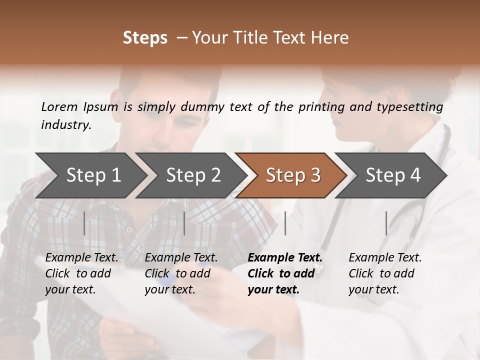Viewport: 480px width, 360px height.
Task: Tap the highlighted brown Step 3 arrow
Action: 293,175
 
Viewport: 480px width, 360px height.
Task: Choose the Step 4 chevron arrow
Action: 393,175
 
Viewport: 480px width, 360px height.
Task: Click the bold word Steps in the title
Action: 145,37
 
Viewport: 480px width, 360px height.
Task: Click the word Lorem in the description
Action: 59,106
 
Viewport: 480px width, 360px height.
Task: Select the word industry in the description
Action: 66,124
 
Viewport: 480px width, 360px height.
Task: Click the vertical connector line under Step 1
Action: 84,223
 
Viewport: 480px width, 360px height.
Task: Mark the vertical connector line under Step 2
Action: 184,223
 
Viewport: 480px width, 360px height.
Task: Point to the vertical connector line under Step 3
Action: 285,223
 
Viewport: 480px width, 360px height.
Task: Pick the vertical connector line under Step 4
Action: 386,223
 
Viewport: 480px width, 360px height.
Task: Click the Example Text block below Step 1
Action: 81,273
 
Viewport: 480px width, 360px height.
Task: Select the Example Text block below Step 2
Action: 181,273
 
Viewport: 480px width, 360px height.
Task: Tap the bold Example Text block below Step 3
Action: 285,273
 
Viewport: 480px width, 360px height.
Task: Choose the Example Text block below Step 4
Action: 385,273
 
